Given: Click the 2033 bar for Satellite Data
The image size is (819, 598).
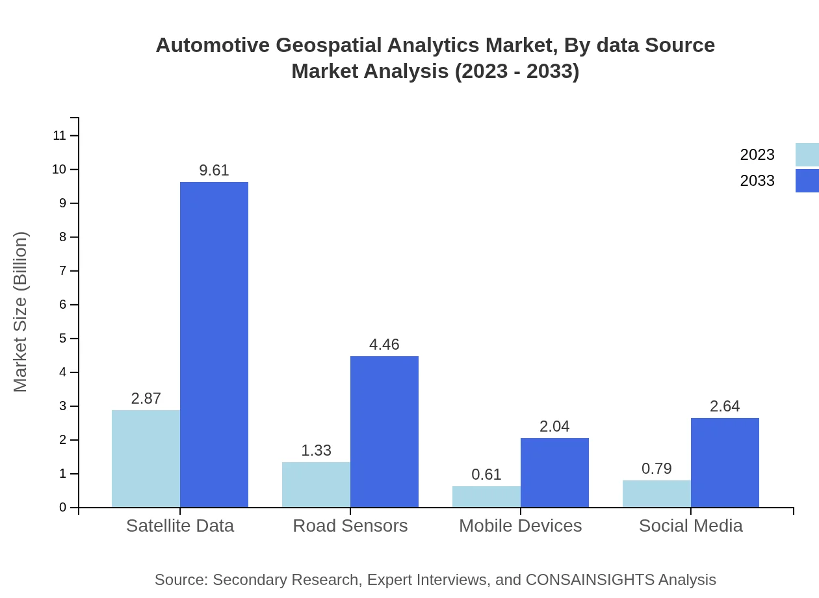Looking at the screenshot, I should tap(214, 344).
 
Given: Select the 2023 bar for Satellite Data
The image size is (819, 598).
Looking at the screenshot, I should tap(146, 458).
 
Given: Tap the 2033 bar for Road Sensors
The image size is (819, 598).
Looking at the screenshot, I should tap(384, 432).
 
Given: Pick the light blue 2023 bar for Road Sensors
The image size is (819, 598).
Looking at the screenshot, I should tap(316, 484).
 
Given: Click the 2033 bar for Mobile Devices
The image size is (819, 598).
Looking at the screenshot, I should tap(554, 473).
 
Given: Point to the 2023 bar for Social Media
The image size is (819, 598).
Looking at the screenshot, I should tap(656, 493).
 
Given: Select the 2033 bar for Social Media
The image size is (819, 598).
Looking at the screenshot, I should tap(725, 462).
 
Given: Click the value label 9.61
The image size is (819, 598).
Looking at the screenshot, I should tap(214, 170).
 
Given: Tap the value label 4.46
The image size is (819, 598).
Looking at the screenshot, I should tap(384, 344).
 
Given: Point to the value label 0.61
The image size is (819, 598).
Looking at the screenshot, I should tap(486, 474).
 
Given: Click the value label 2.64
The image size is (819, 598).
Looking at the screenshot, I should tap(725, 406).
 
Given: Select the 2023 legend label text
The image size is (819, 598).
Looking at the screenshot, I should tap(757, 155).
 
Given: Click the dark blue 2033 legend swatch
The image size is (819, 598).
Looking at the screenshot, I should tap(807, 181).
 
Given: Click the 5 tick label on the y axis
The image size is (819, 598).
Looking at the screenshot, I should tap(63, 339).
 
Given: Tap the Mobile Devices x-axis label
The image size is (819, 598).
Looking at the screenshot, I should tap(520, 525).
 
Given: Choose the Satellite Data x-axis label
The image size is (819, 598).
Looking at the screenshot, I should tap(180, 525).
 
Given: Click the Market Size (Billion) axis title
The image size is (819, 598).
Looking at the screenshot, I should tap(21, 312).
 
